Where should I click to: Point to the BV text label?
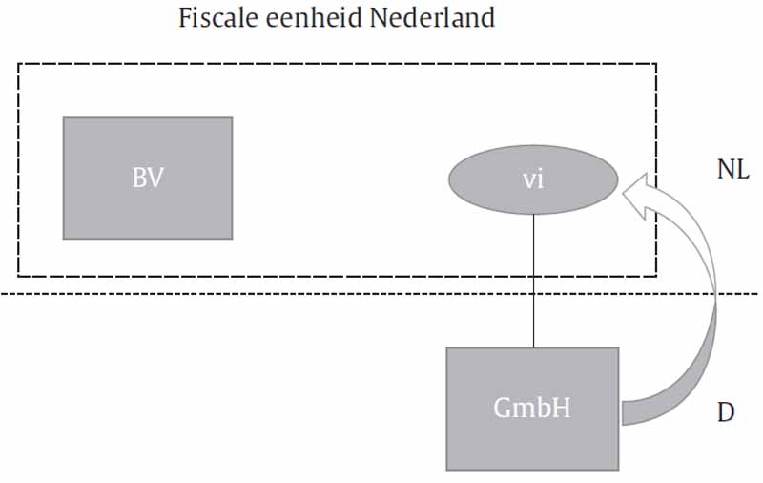tap(147, 178)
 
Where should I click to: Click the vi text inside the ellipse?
tap(533, 178)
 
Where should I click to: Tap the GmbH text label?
tap(532, 408)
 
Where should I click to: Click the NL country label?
tap(733, 170)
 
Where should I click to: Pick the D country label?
tap(725, 412)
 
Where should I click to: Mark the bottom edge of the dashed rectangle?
tap(286, 276)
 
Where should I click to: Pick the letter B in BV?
tap(139, 178)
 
